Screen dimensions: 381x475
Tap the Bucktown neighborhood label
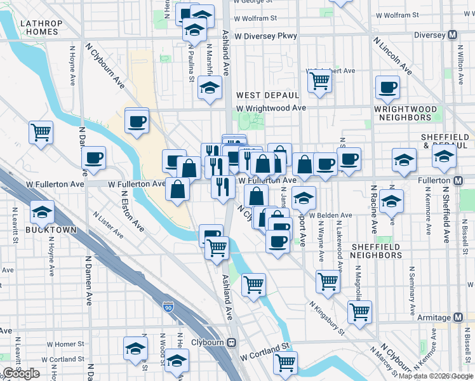pos(43,229)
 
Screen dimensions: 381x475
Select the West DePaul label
pos(267,95)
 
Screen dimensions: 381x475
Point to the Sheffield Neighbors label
pos(377,251)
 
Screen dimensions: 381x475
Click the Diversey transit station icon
pos(453,35)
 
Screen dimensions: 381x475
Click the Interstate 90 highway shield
pos(168,307)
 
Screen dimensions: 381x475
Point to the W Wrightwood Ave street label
pos(271,108)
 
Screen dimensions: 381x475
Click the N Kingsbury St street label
pos(326,318)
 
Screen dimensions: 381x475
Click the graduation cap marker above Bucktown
pos(43,211)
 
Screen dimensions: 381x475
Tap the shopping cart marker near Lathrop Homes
pos(41,132)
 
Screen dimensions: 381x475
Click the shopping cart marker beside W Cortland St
pos(286,363)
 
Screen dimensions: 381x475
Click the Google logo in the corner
pos(21,373)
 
